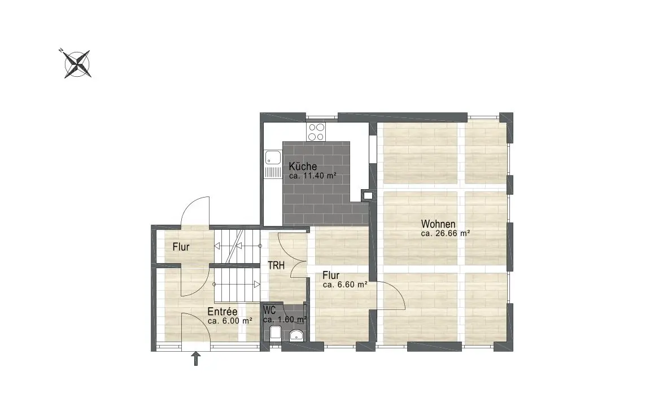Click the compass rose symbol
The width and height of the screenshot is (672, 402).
(77, 64)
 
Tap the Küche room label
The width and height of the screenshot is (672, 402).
(303, 167)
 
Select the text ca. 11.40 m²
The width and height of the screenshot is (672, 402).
(312, 176)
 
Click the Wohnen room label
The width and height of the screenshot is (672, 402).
(438, 224)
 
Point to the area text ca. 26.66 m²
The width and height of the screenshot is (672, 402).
(446, 234)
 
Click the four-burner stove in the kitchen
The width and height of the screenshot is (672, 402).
(316, 132)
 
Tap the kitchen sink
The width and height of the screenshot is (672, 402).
(272, 164)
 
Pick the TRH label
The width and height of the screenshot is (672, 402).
(276, 266)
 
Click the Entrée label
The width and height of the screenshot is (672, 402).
(222, 312)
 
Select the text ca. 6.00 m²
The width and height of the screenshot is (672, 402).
(230, 321)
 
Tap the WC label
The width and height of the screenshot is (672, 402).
(269, 309)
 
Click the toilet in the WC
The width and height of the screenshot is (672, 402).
(276, 333)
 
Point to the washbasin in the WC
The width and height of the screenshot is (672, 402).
(296, 335)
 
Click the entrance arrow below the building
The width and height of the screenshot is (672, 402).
(196, 359)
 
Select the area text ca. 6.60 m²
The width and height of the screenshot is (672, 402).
(345, 285)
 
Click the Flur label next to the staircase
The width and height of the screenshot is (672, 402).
(181, 247)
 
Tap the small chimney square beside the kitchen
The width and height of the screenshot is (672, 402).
(368, 196)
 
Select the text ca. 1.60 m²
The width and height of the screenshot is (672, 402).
(285, 320)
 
